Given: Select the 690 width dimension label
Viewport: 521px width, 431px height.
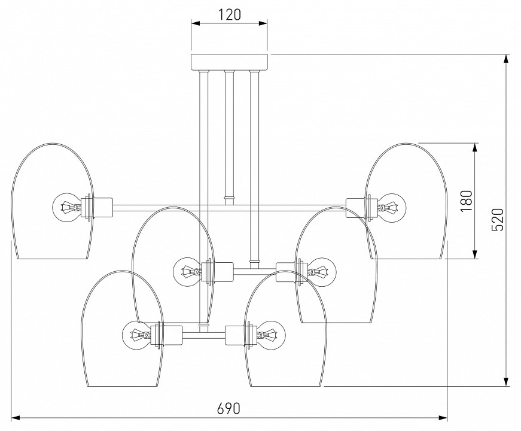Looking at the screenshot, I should pos(228,408).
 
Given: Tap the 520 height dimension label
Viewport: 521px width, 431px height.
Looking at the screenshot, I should pos(498,219).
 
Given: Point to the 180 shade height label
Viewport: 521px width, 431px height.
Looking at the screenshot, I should pos(467,201).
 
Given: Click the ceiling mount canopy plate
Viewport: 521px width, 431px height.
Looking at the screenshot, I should pos(230,62).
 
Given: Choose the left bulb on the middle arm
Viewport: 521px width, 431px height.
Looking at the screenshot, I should pos(188,272).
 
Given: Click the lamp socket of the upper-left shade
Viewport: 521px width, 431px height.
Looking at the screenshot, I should pos(101,208).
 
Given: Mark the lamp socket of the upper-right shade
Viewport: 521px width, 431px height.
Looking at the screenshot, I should pos(357,208).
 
